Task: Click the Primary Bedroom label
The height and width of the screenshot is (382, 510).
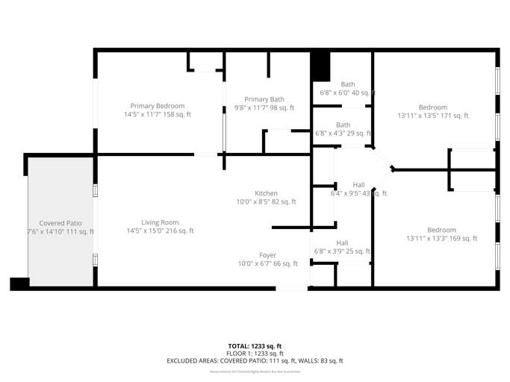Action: coord(157,106)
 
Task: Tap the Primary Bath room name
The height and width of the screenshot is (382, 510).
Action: coord(264,99)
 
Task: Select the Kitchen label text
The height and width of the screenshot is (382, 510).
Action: coord(267,193)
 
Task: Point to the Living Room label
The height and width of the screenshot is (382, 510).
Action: coord(160,222)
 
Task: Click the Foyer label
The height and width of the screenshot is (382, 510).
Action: coord(267,255)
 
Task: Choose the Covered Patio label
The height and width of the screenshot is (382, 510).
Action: coord(60,223)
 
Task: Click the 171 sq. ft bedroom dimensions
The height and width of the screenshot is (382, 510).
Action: coord(433,116)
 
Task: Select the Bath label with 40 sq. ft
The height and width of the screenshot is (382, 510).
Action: coord(348,84)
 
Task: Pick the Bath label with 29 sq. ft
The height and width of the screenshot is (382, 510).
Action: coord(343,125)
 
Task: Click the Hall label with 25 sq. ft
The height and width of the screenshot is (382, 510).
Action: coord(342,242)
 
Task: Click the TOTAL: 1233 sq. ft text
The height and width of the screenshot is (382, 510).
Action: coord(255,346)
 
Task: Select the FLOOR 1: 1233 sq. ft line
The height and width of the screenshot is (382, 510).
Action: coord(255,354)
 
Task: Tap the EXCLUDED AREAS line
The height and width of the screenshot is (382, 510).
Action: coord(255,361)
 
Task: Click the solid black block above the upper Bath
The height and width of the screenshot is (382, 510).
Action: coord(320,66)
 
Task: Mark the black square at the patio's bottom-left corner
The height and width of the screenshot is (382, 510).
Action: coord(19,284)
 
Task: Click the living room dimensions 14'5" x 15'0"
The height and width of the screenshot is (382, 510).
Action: coord(160,231)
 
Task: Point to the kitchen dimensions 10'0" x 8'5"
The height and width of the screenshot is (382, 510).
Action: coord(267,202)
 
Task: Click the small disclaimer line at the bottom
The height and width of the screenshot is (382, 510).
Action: coord(255,371)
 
